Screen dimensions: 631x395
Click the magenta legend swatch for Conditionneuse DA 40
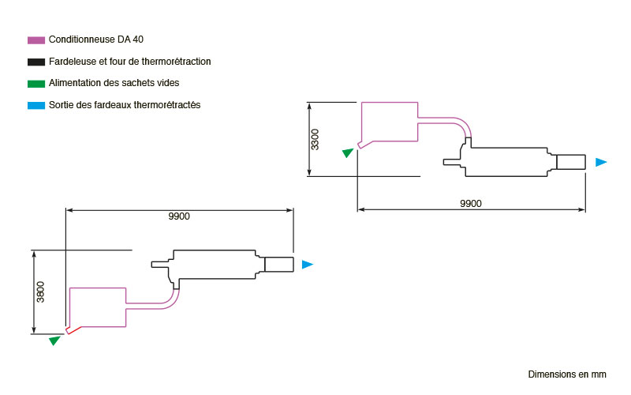(35, 40)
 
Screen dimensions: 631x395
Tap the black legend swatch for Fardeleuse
(35, 62)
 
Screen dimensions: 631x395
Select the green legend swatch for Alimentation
(35, 84)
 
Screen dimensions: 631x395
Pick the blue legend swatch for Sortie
(35, 106)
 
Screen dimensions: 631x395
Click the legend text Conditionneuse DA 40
(95, 39)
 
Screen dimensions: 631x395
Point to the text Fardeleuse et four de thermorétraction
(129, 62)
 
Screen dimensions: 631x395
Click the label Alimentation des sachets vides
(114, 83)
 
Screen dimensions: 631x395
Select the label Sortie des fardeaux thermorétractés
(125, 105)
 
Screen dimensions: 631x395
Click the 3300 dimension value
(315, 140)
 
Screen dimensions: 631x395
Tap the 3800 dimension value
(41, 292)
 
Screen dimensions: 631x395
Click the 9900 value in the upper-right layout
(470, 204)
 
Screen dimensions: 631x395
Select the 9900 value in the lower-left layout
(179, 216)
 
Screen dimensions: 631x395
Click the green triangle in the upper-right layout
(348, 152)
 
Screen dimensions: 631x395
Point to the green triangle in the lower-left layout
(54, 340)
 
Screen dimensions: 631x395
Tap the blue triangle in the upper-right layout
(601, 162)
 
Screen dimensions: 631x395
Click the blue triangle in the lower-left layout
(307, 265)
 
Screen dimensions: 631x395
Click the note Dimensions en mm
(567, 374)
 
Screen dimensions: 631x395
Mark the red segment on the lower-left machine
(73, 330)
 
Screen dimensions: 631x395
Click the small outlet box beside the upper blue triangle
(570, 162)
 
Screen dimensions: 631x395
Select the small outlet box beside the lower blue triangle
(279, 265)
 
